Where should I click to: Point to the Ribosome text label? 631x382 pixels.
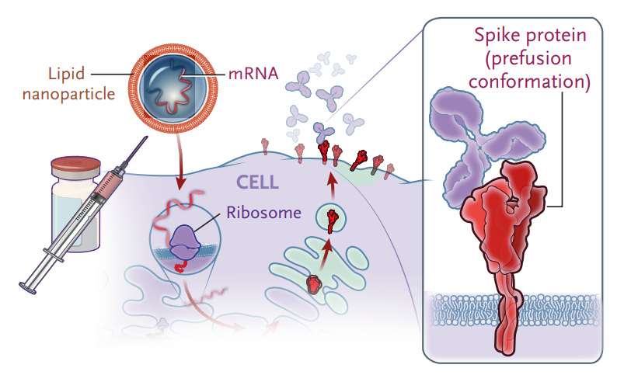click(262, 212)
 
